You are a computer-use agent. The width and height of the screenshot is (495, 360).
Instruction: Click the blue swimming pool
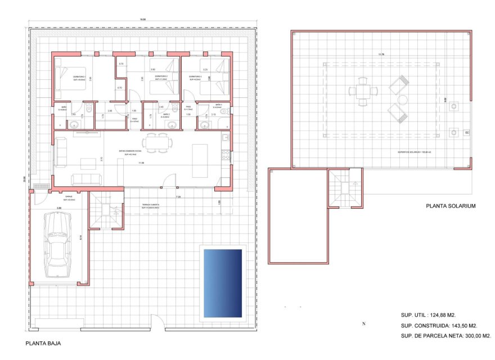pyautogui.click(x=222, y=282)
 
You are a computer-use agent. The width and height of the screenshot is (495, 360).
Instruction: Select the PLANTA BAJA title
pyautogui.click(x=43, y=343)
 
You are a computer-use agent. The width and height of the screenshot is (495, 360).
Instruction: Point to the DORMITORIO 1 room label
pyautogui.click(x=79, y=76)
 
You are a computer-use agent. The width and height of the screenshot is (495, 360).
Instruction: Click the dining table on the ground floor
pyautogui.click(x=156, y=143)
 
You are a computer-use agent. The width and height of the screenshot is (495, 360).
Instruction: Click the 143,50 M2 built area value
pyautogui.click(x=465, y=326)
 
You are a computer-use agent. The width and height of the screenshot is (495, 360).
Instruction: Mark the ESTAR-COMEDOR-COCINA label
pyautogui.click(x=133, y=151)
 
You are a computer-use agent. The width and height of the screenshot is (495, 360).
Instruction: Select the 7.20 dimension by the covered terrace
pyautogui.click(x=178, y=197)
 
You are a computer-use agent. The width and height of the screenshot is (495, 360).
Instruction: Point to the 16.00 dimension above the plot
pyautogui.click(x=143, y=20)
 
